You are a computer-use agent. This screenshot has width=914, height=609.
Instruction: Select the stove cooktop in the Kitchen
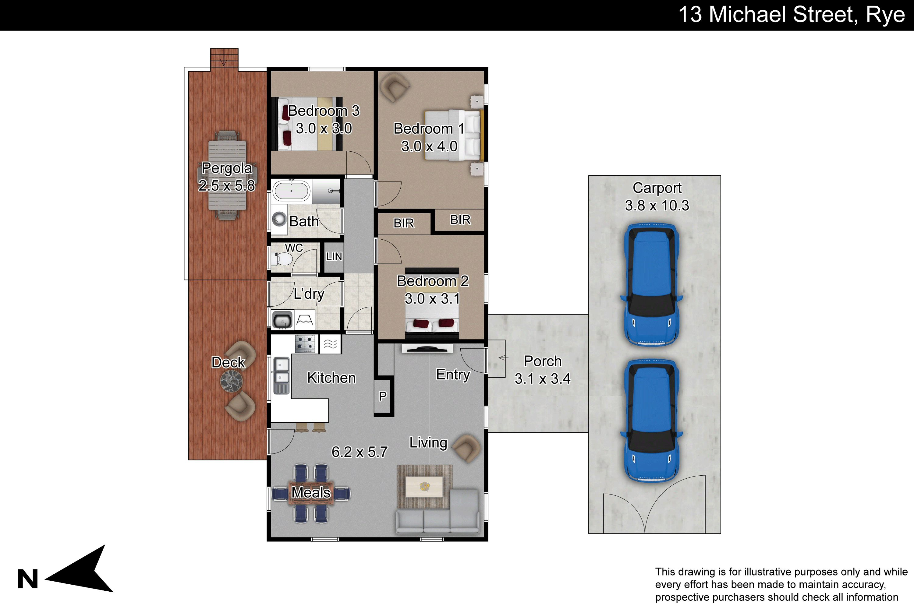(305, 344)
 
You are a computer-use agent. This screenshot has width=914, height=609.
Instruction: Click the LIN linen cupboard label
(334, 256)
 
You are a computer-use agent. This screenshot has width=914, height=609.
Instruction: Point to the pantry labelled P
(383, 396)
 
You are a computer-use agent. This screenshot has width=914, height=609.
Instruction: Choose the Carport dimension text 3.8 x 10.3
(657, 206)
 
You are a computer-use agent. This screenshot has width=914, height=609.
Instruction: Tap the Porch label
(543, 361)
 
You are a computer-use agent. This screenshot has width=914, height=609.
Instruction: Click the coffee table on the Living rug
(424, 487)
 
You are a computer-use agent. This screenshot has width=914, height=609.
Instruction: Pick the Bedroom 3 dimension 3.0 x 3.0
(324, 128)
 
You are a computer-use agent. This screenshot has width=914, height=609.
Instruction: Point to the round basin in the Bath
(279, 219)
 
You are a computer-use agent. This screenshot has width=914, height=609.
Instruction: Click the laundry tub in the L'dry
(282, 320)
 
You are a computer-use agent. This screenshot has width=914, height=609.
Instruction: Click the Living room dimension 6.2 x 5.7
(360, 452)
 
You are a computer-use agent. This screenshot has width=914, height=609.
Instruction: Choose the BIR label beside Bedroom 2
(404, 223)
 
